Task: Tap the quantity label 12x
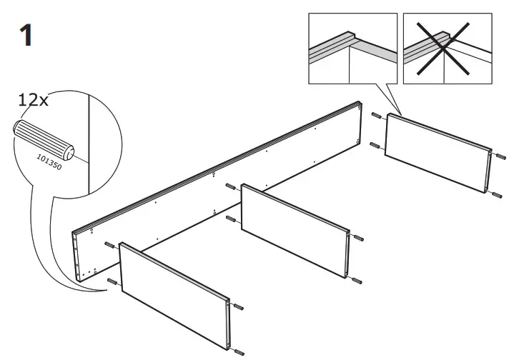click(x=33, y=100)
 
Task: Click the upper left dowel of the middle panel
click(x=232, y=188)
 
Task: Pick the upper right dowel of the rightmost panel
click(x=498, y=154)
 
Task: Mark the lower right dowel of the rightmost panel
click(x=498, y=193)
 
